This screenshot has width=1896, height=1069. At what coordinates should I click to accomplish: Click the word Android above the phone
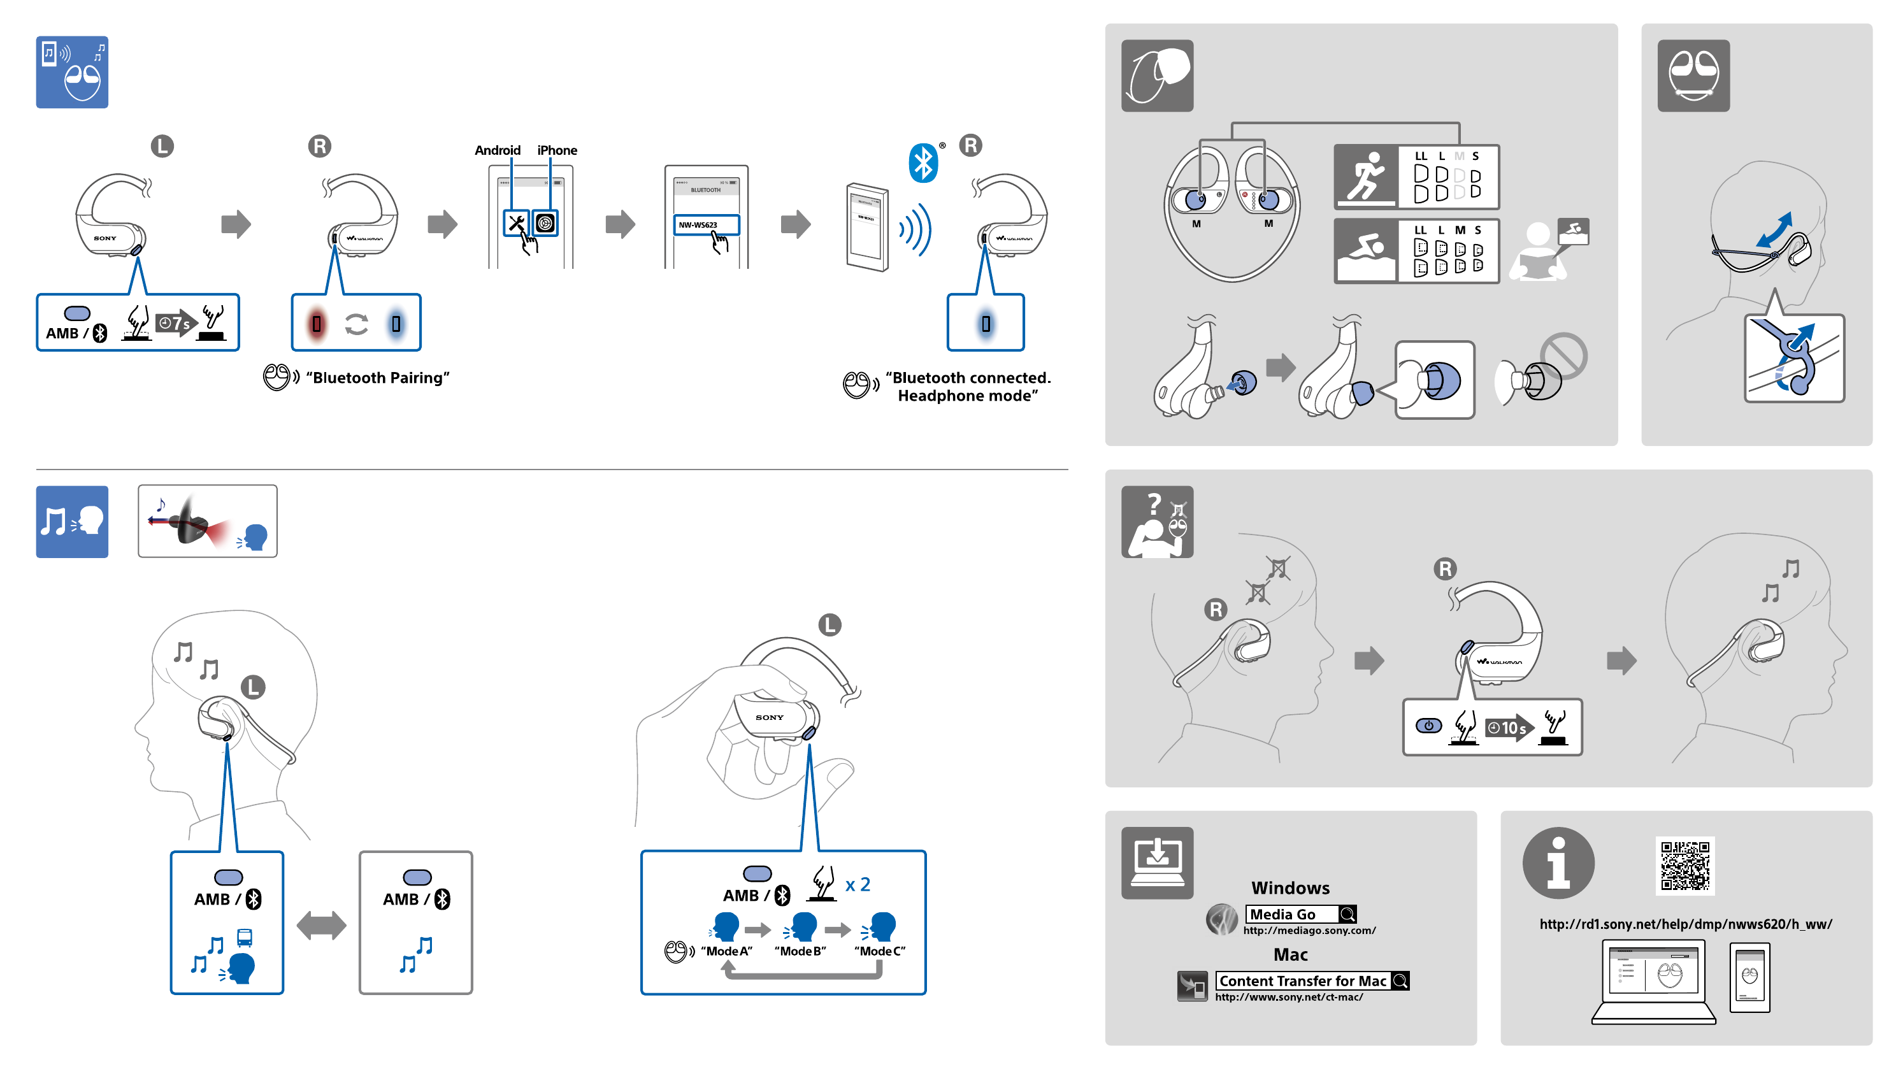[x=498, y=150]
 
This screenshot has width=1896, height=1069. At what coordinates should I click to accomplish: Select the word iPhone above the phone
[x=557, y=150]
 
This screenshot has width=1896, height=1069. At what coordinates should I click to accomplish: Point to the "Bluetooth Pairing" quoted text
[x=378, y=378]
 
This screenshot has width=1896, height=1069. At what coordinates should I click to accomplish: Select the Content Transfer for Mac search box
[x=1312, y=980]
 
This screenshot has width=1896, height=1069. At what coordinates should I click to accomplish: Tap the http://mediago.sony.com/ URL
[x=1309, y=931]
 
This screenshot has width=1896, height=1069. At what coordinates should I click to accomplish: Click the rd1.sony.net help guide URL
[x=1686, y=924]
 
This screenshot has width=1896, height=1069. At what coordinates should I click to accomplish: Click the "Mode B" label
[x=800, y=951]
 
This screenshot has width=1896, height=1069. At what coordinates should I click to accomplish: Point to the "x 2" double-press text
[x=858, y=885]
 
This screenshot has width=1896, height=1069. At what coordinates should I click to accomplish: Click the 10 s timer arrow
[x=1509, y=728]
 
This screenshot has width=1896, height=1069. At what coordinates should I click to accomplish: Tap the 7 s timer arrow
[x=176, y=322]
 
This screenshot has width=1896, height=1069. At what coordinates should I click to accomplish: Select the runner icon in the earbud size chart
[x=1366, y=176]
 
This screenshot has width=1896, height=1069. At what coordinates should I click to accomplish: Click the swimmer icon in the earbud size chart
[x=1366, y=251]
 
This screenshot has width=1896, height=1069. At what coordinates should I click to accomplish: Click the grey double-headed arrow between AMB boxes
[x=321, y=926]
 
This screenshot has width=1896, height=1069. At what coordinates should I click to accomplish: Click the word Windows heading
[x=1290, y=888]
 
